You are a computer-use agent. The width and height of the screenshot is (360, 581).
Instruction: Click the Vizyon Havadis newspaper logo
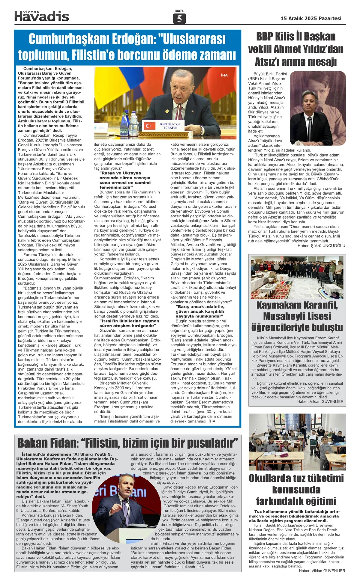pos(42,16)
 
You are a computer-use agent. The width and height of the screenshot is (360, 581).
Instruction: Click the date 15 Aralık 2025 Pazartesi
pos(311,18)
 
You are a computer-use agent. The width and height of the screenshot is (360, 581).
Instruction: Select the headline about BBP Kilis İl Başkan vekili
pos(296,49)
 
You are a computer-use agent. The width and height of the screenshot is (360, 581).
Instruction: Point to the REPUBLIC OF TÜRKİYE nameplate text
pos(170,126)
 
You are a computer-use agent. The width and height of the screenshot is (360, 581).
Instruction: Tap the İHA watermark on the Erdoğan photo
pos(224,75)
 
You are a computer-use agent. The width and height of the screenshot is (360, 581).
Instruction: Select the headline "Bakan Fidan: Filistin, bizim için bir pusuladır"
pos(127,443)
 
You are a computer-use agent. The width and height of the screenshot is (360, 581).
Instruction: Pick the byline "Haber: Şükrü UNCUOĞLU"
pos(321,246)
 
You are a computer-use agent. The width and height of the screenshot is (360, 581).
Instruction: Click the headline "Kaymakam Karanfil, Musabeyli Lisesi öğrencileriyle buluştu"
pos(297,316)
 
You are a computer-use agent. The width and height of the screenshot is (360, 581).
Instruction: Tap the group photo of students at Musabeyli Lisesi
pos(297,277)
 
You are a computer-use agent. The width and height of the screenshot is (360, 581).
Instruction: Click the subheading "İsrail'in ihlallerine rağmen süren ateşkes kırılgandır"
pos(129,323)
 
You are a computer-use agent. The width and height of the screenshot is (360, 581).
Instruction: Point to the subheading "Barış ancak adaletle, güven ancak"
pos(200,309)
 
